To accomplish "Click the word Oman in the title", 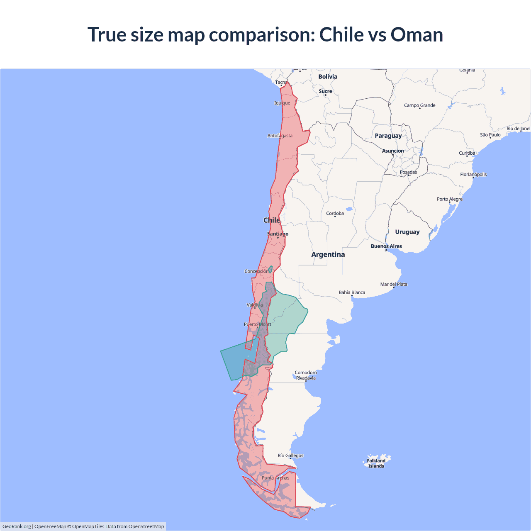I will [417, 34].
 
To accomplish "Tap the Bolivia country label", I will [328, 77].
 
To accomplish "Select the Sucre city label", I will [325, 91].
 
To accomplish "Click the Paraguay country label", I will [388, 136].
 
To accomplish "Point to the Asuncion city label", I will [392, 151].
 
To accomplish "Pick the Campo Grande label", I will [419, 105].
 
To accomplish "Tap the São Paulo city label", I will [490, 135].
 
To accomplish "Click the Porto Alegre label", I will [449, 199].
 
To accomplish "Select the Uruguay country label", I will [407, 232].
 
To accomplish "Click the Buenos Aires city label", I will [386, 246].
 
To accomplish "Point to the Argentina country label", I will [328, 255].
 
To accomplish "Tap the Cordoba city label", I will [335, 214].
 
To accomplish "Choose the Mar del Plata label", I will [394, 284].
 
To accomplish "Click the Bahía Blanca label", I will [352, 292].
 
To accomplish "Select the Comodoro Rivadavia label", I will [306, 375].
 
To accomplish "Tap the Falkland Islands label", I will [376, 463].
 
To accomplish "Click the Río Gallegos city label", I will [290, 455].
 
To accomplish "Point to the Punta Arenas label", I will [275, 478].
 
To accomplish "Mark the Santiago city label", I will [278, 234].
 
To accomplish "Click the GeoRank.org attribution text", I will [17, 526].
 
